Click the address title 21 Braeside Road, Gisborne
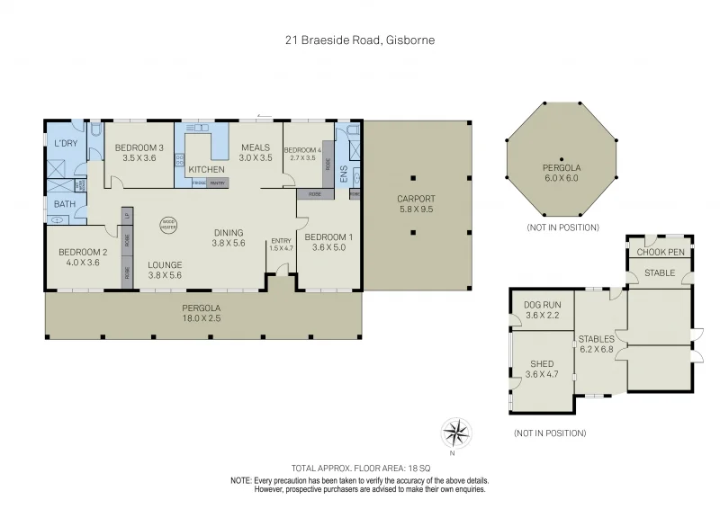(x=360, y=40)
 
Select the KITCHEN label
(x=206, y=169)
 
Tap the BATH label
(x=64, y=204)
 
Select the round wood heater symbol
(x=168, y=225)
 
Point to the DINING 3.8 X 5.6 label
(x=228, y=237)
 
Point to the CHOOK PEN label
(x=661, y=252)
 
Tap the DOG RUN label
(x=542, y=309)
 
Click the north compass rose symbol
(x=457, y=433)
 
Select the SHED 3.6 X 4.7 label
(x=542, y=370)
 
